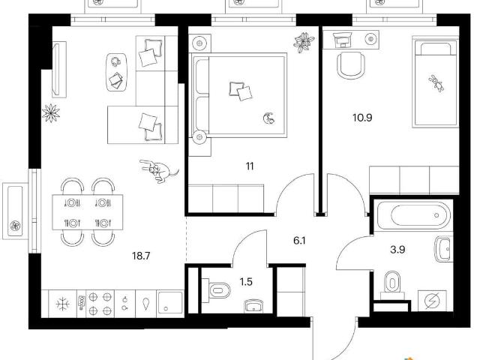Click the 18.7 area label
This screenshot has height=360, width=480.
pyautogui.click(x=141, y=256)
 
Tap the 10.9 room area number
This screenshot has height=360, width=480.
pyautogui.click(x=362, y=118)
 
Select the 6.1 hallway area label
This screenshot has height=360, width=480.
pyautogui.click(x=299, y=241)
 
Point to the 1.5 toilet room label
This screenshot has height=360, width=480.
pyautogui.click(x=246, y=282)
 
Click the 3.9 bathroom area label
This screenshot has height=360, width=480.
pyautogui.click(x=397, y=250)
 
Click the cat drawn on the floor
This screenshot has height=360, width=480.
pyautogui.click(x=158, y=170)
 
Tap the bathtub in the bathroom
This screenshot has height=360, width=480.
pyautogui.click(x=413, y=215)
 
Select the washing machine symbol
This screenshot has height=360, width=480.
pyautogui.click(x=432, y=301)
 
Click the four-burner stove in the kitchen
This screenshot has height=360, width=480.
pyautogui.click(x=100, y=304)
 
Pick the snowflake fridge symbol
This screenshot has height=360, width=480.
pyautogui.click(x=63, y=304)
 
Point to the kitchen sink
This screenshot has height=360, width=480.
pyautogui.click(x=170, y=304)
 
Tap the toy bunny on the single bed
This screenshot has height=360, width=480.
pyautogui.click(x=436, y=83)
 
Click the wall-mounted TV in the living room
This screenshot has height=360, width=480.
pyautogui.click(x=59, y=70)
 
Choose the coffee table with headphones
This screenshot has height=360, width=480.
pyautogui.click(x=116, y=72)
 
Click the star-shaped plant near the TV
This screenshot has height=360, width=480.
pyautogui.click(x=51, y=113)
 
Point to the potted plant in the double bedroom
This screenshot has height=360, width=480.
pyautogui.click(x=304, y=43)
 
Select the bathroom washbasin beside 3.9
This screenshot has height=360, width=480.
pyautogui.click(x=443, y=249)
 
